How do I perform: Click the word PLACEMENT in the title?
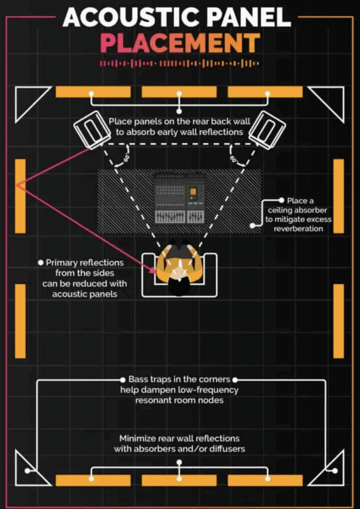[180, 44]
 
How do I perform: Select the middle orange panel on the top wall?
[180, 92]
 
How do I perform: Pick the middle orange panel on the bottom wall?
[180, 480]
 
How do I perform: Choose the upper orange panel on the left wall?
[20, 196]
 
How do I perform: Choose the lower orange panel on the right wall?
[339, 321]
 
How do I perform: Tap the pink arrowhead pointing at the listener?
[154, 269]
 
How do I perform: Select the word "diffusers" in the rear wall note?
[227, 449]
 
